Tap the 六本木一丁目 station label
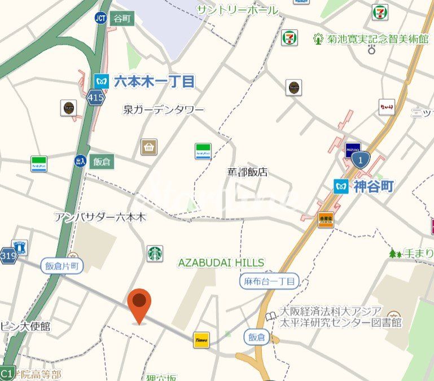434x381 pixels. pos(154,81)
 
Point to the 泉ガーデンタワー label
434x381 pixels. pos(164,110)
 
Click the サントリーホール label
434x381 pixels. pos(237,10)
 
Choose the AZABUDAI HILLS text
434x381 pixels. pos(221,262)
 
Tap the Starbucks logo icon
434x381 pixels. pos(155,253)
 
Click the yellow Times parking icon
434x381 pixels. pos(201,339)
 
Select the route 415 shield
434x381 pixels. pos(95,98)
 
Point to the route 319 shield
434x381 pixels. pos(8,255)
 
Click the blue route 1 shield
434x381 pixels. pos(361,160)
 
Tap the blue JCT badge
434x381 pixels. pos(101,18)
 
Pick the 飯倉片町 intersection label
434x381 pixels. pos(62,265)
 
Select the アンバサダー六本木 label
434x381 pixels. pos(100,217)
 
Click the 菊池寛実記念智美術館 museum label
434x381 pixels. pos(371,39)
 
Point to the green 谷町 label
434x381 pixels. pos(121,18)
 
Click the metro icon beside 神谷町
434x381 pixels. pos(341,186)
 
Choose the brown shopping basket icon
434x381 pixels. pos(149,147)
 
